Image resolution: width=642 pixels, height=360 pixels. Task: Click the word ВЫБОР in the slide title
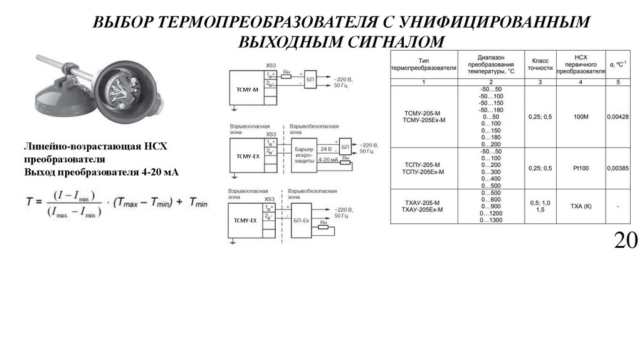pyautogui.click(x=123, y=23)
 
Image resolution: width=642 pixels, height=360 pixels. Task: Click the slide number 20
pyautogui.click(x=626, y=241)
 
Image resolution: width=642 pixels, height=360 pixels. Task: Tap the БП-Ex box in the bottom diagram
pyautogui.click(x=301, y=220)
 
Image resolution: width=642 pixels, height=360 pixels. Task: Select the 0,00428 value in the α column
pyautogui.click(x=618, y=117)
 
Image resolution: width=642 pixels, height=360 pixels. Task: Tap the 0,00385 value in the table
pyautogui.click(x=618, y=167)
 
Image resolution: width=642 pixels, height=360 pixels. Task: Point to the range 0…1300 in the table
pyautogui.click(x=491, y=221)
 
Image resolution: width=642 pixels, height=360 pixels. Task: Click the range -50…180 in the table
pyautogui.click(x=491, y=110)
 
